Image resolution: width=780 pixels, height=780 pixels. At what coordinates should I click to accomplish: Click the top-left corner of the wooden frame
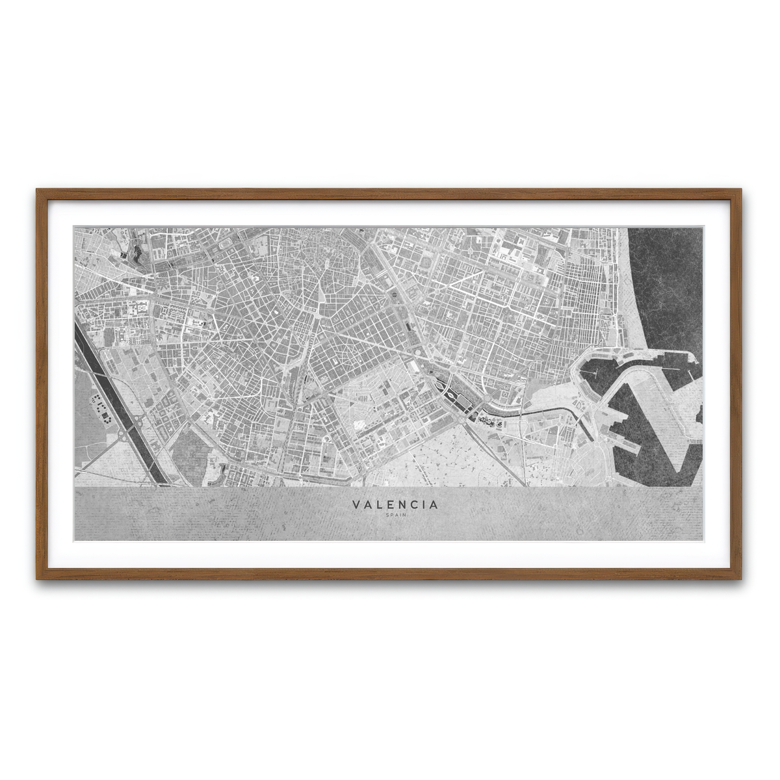pyautogui.click(x=38, y=190)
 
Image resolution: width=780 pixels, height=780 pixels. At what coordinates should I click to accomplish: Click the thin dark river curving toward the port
pyautogui.click(x=533, y=413)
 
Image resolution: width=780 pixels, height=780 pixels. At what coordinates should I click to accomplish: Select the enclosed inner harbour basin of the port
pyautogui.click(x=601, y=377)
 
